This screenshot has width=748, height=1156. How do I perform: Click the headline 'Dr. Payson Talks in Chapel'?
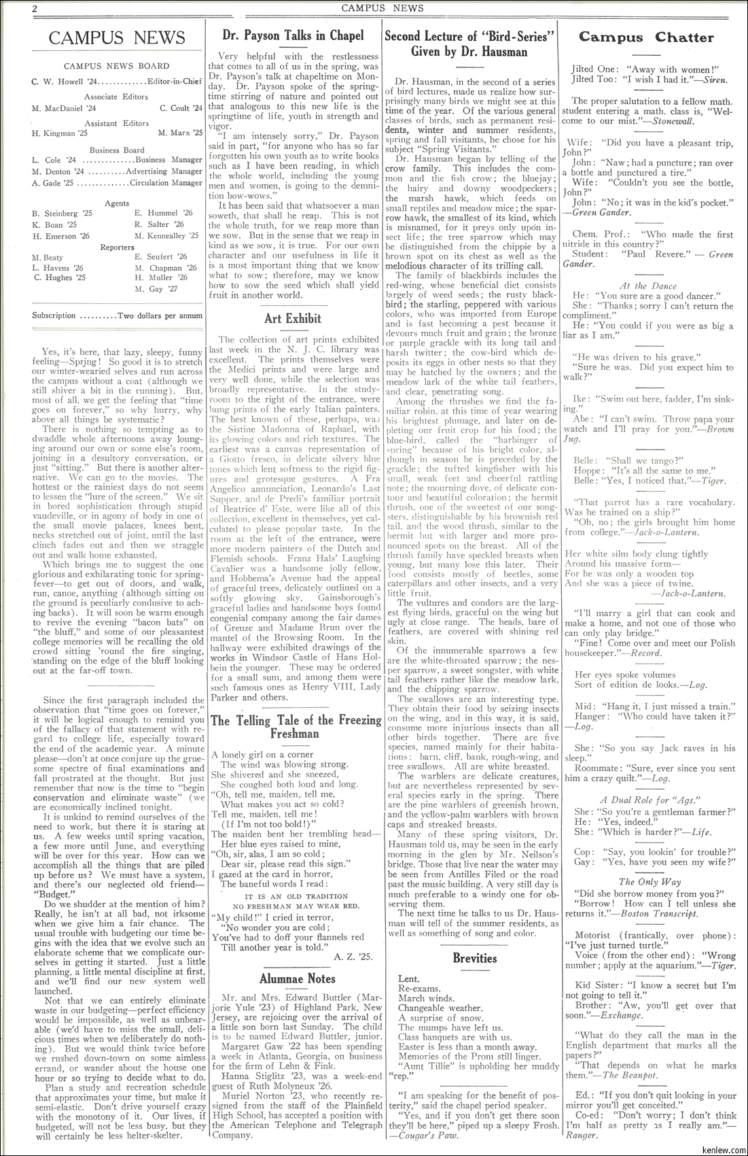coord(293,35)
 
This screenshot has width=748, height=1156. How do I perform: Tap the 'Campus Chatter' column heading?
coord(646,37)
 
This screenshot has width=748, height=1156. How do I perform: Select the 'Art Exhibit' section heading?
coord(293,318)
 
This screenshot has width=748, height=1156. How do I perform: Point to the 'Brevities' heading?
coord(475,959)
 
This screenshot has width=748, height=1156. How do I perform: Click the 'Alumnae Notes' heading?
coord(297,979)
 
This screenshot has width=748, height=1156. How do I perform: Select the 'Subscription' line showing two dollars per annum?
coord(117,316)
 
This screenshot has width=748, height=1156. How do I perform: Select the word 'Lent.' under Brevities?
coord(409,979)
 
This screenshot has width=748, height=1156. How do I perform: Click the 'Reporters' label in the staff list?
coord(117,247)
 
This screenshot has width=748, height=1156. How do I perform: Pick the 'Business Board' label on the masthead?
coord(117,150)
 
